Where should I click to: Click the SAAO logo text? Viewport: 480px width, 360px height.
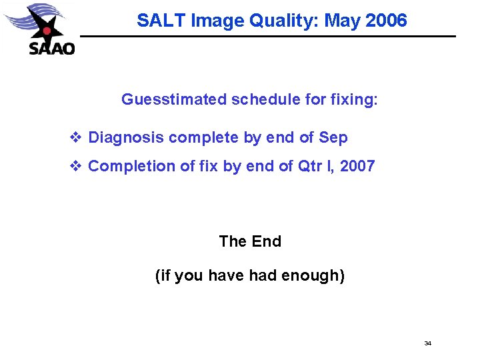coord(52,48)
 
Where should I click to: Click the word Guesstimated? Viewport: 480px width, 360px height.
coord(174,100)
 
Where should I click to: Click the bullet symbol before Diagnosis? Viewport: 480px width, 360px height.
coord(75,138)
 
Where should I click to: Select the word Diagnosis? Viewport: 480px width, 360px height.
coord(126,138)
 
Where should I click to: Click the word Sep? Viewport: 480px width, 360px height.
coord(333,138)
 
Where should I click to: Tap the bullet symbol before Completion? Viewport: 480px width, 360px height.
coord(75,166)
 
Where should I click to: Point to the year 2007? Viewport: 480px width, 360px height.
coord(357,166)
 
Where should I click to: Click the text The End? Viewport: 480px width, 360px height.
coord(250,241)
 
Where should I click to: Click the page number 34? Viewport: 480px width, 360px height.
coord(428,343)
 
